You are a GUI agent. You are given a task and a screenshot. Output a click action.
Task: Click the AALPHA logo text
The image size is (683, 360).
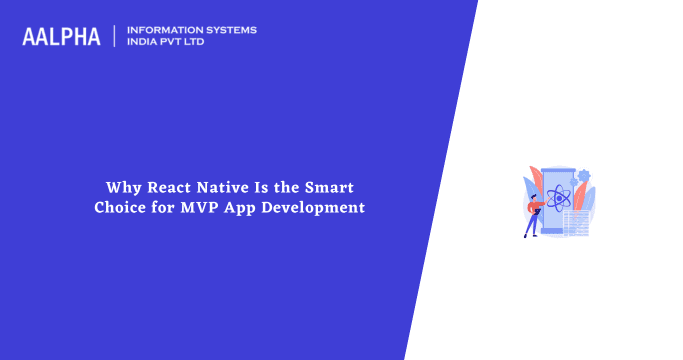(61, 37)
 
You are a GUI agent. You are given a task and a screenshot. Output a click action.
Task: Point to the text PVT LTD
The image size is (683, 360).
(188, 43)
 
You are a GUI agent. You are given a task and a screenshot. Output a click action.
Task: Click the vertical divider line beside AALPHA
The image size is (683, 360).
(115, 36)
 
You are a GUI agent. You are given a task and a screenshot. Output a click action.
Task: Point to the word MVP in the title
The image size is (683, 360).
(196, 208)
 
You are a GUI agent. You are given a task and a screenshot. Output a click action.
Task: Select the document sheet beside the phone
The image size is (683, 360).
(575, 221)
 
